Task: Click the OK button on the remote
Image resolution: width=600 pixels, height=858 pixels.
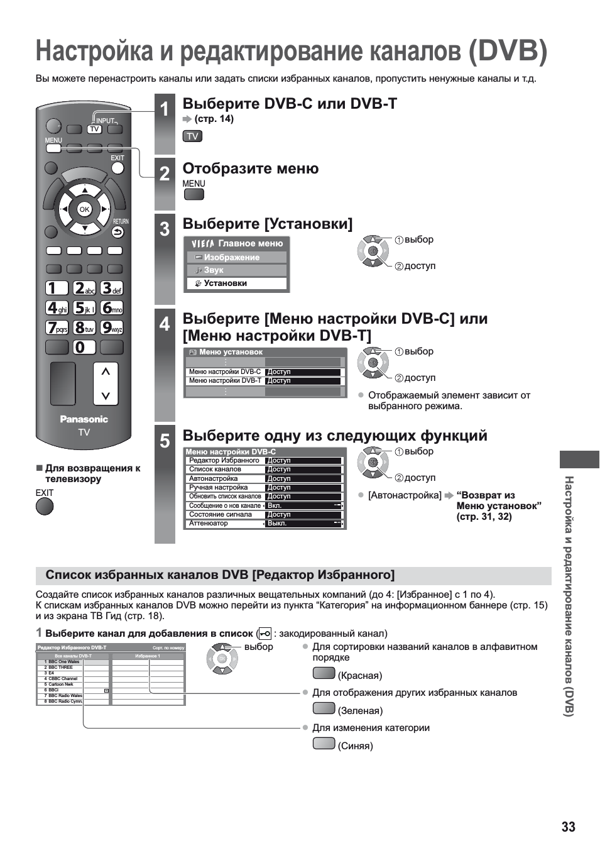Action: coord(84,209)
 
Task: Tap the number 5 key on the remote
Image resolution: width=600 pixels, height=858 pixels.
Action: coord(84,308)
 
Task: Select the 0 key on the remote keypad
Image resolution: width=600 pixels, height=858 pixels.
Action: coord(83,347)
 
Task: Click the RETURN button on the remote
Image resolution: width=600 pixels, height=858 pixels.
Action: coord(118,232)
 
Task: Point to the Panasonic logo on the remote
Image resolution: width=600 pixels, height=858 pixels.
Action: coord(84,419)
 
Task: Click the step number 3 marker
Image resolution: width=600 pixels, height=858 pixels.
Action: coord(165,229)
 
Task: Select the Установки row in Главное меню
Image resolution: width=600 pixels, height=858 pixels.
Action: coord(236,283)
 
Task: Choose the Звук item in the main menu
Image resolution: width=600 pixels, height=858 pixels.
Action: coord(236,270)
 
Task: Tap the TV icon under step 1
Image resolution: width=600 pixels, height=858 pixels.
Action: coord(192,136)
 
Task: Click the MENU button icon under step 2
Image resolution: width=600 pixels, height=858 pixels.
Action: coord(194,194)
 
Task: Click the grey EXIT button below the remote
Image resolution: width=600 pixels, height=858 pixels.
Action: coord(45,507)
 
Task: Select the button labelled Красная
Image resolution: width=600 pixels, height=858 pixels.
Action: coord(324,673)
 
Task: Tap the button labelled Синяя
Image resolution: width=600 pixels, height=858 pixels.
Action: coord(324,744)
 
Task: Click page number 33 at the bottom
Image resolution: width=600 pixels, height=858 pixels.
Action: coord(568,827)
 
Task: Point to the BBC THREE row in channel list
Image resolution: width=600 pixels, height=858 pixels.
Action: coord(60,668)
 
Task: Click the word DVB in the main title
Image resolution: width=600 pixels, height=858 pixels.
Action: coord(508,51)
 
